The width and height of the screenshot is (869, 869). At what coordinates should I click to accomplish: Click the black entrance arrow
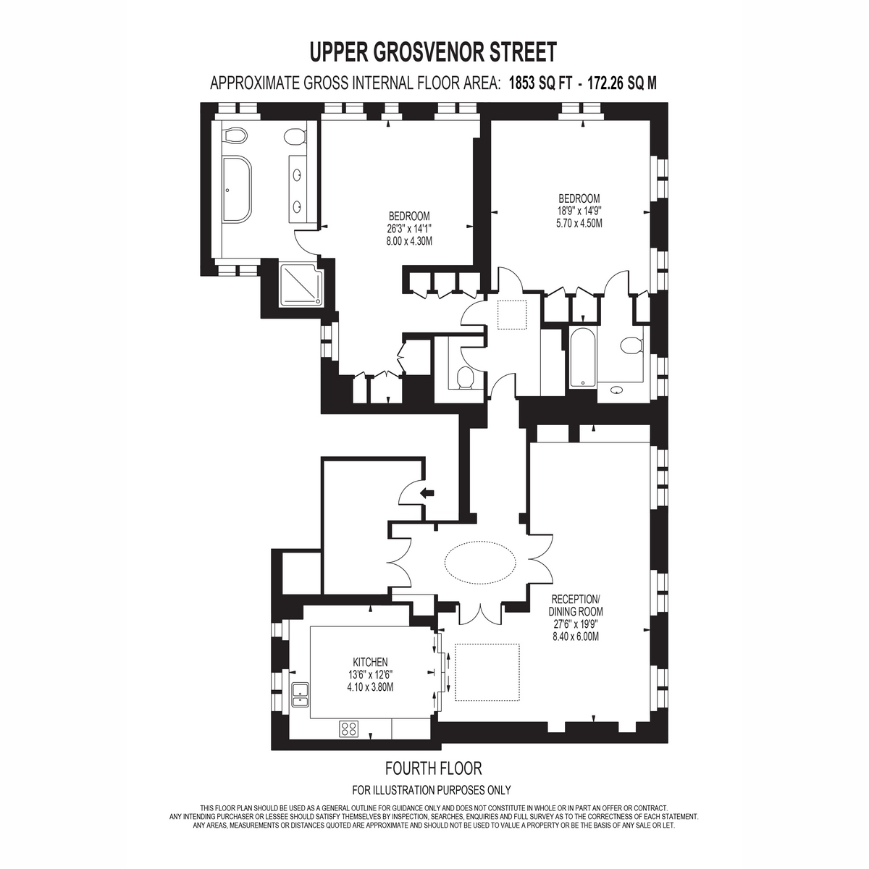click(x=427, y=493)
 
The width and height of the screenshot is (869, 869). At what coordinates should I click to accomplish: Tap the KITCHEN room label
click(x=370, y=662)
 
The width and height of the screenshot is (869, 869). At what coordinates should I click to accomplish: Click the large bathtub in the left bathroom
click(x=237, y=189)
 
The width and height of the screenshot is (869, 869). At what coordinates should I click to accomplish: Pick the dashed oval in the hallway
click(x=480, y=563)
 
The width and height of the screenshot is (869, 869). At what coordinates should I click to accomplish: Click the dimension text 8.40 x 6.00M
click(x=576, y=637)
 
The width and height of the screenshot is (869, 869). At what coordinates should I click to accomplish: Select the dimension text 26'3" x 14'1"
click(x=409, y=228)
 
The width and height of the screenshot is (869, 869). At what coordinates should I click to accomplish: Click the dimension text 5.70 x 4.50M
click(x=579, y=223)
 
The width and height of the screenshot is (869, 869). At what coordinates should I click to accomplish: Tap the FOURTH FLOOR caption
click(x=433, y=768)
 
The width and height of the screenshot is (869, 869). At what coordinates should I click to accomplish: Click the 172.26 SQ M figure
click(x=621, y=83)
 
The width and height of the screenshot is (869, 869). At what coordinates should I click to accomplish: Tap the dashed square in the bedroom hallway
click(x=512, y=315)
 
